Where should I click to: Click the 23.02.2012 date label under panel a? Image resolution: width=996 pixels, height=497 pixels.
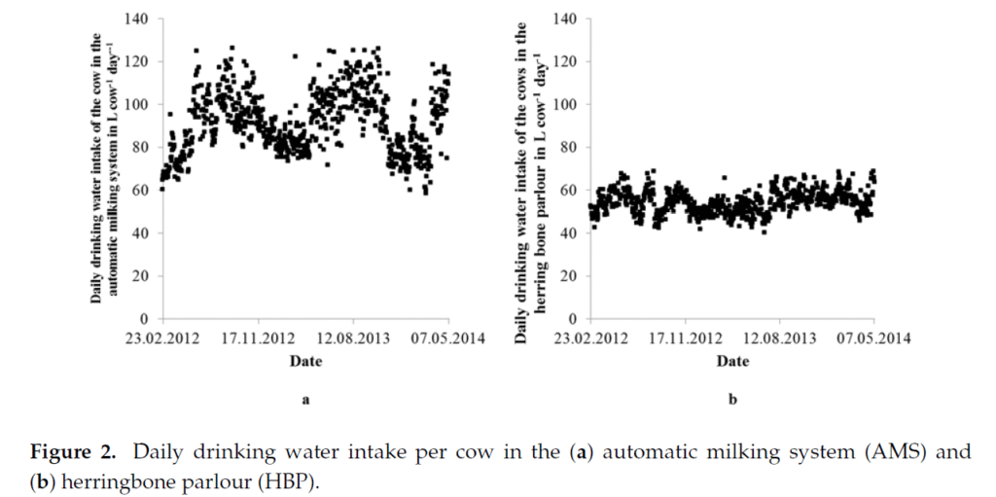click(163, 337)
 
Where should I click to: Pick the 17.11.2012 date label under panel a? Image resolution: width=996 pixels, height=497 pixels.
click(258, 337)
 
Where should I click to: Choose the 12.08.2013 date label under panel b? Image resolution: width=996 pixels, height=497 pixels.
click(779, 337)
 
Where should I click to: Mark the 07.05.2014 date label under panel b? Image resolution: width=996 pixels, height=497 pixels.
click(873, 337)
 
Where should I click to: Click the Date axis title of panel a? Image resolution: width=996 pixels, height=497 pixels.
click(305, 362)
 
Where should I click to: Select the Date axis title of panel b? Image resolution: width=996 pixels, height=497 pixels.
click(731, 362)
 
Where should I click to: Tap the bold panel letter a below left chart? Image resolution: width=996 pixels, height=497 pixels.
click(306, 399)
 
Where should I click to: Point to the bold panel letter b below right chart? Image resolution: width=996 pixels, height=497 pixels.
click(732, 399)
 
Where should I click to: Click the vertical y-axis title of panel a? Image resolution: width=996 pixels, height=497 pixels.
click(106, 168)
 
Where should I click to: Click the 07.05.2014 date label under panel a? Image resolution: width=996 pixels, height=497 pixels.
click(447, 337)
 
